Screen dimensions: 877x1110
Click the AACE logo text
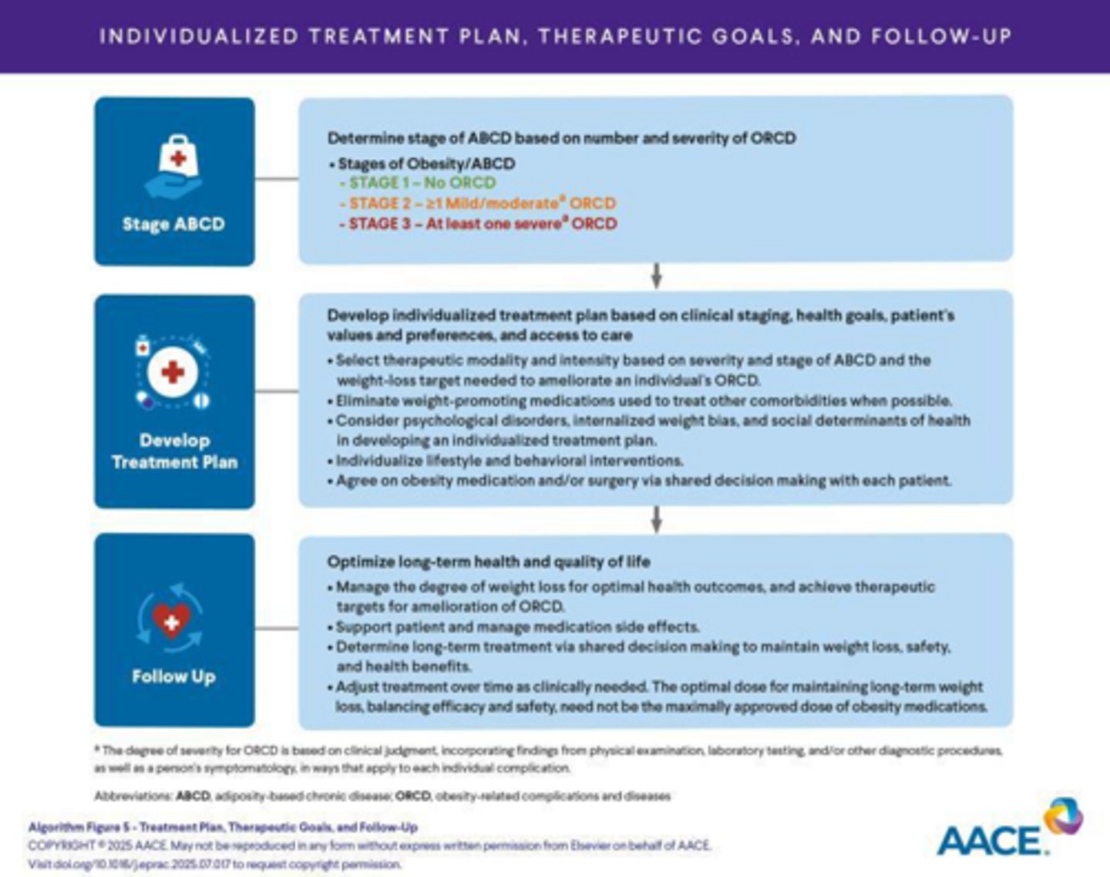(992, 840)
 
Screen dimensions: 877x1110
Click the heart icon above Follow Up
(171, 619)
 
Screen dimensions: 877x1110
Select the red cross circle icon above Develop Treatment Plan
(173, 373)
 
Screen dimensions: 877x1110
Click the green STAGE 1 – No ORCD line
(417, 183)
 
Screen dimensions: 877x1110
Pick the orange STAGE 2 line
(477, 204)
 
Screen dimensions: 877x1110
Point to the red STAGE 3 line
(478, 224)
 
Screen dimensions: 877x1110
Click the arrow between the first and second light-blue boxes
(656, 275)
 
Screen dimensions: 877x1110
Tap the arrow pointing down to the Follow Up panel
(656, 519)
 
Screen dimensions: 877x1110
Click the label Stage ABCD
(174, 224)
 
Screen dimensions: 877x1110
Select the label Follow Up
(173, 676)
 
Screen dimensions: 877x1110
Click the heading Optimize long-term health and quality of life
(489, 562)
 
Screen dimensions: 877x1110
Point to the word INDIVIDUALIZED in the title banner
(199, 36)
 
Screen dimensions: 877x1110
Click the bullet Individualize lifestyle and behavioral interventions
(509, 460)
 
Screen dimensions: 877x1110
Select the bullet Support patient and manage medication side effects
(516, 626)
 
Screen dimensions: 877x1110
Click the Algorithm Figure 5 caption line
(223, 827)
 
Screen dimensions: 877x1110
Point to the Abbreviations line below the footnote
(382, 796)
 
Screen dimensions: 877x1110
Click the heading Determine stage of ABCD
(561, 138)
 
